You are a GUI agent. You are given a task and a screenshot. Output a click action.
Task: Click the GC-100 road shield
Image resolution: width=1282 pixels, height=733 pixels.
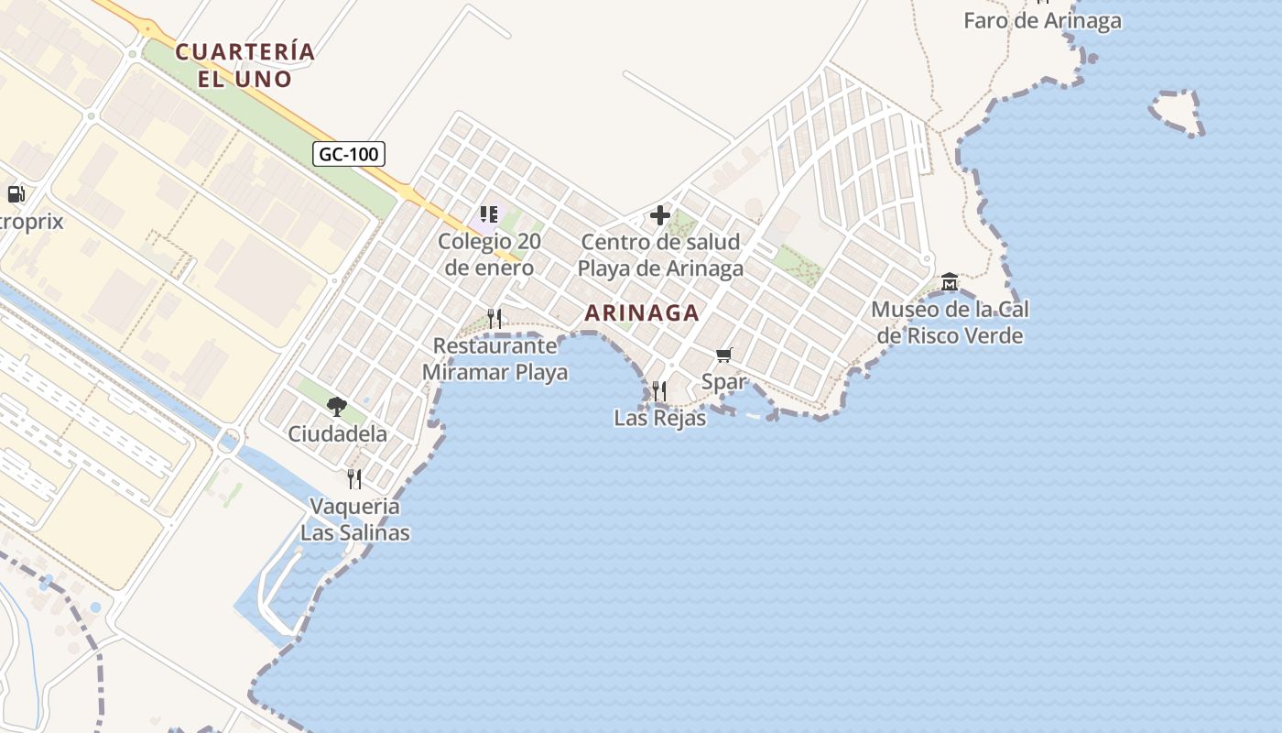point(348,154)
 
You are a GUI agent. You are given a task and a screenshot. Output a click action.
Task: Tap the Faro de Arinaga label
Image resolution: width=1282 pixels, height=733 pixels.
point(1042,20)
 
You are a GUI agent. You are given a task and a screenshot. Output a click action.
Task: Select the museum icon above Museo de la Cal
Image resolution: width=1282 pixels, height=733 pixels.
point(949,281)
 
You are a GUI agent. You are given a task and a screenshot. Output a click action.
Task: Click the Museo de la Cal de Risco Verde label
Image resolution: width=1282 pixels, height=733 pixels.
point(949,323)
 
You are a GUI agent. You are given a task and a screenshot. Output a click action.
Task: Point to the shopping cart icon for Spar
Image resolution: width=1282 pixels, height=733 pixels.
point(724,355)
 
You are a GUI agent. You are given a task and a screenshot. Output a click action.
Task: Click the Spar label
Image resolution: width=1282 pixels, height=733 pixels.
point(723,382)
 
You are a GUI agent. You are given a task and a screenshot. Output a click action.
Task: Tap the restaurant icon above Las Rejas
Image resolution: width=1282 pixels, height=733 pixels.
point(659,391)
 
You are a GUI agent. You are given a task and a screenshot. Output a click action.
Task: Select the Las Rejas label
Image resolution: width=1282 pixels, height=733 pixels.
point(659,419)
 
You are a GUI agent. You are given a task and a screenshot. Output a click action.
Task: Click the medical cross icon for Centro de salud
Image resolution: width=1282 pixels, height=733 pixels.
point(660,216)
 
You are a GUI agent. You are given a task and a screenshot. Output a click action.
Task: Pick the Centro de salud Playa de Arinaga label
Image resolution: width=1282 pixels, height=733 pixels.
point(660,256)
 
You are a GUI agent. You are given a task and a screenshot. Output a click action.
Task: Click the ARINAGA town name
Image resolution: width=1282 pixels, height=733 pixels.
point(642,312)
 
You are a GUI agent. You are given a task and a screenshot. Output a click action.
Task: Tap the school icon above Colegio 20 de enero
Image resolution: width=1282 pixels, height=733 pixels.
point(489,215)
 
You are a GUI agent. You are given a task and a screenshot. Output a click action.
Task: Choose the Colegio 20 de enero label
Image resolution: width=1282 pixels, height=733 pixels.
point(489,256)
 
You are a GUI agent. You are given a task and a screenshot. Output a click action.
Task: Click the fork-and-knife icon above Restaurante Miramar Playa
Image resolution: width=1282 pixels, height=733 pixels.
point(494,318)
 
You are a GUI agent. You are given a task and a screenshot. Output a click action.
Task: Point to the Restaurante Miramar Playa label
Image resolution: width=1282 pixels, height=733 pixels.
point(494,359)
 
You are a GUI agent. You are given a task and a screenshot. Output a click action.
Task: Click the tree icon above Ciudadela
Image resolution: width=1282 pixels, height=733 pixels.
point(337,406)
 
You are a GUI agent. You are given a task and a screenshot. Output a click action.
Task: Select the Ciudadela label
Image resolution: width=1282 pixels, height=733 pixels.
point(337,433)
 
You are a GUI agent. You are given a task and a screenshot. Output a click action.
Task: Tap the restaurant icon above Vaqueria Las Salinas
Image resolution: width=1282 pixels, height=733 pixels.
point(354,478)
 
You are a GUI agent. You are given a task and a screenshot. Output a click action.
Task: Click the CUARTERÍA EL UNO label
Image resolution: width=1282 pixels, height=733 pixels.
point(245,64)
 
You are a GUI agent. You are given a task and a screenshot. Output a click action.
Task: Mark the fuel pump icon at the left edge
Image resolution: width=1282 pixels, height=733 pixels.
point(16,193)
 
